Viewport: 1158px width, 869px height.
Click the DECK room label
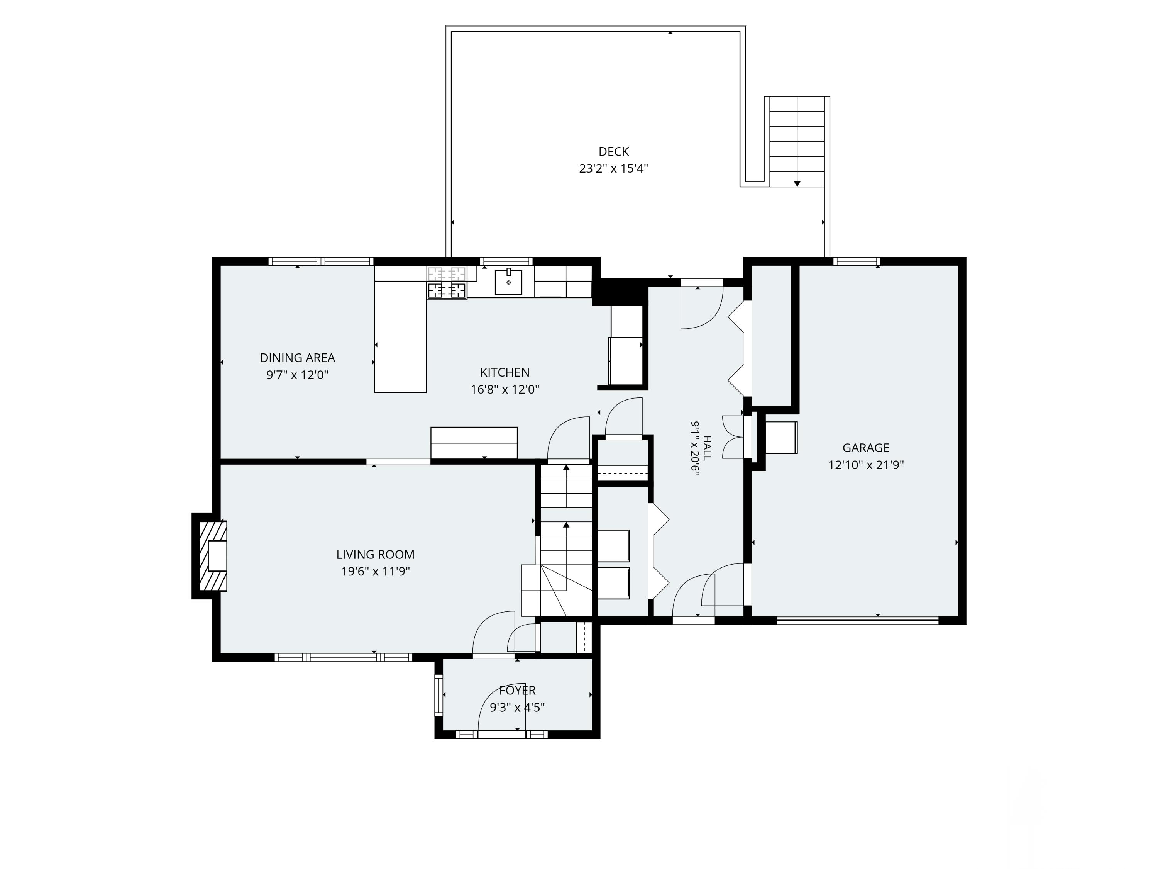tap(614, 152)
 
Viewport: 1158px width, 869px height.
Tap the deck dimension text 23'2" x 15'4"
tap(614, 169)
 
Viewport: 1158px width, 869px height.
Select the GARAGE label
tap(866, 448)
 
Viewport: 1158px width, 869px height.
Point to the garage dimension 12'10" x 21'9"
tap(866, 465)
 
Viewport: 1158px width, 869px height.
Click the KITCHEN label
tap(505, 372)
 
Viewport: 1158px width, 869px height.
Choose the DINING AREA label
tap(297, 358)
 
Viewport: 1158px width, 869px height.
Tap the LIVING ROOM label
tap(375, 554)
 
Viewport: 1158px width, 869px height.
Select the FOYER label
tap(517, 691)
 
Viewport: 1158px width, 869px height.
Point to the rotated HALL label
tap(707, 448)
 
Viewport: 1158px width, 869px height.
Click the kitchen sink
tap(508, 282)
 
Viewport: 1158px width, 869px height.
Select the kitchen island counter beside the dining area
tap(401, 337)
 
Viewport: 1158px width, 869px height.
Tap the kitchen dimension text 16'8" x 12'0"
tap(505, 390)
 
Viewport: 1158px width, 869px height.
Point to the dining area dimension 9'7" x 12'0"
tap(297, 375)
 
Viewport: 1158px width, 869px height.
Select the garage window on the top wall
tap(857, 261)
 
